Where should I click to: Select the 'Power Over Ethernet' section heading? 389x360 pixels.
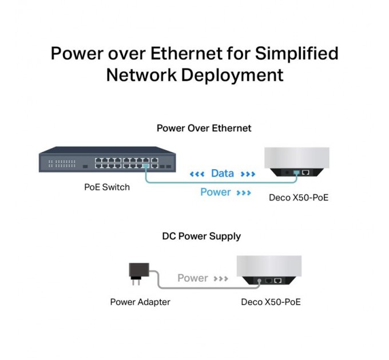click(x=204, y=128)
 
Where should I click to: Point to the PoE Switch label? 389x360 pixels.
click(x=107, y=187)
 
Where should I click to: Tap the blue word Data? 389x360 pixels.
click(x=222, y=173)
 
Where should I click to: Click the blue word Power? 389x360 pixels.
click(x=215, y=192)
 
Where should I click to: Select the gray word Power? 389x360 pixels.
click(x=192, y=278)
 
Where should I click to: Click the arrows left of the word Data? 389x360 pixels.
click(x=197, y=174)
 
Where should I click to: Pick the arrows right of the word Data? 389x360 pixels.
click(x=248, y=174)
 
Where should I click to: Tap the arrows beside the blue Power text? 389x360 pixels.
click(x=244, y=193)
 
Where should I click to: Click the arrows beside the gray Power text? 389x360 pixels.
click(x=221, y=279)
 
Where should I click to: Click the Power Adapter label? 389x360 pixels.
click(x=140, y=302)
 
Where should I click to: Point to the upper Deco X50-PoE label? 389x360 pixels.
click(x=299, y=198)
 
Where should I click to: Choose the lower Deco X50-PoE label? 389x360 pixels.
click(x=271, y=302)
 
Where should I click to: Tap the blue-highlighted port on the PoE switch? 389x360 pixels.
click(x=147, y=165)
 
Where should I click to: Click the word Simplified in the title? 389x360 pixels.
click(x=296, y=53)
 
